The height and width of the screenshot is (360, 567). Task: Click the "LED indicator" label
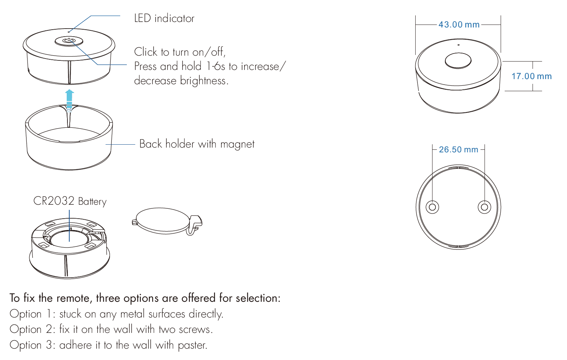pyautogui.click(x=164, y=18)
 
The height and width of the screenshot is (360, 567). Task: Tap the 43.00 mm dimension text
pyautogui.click(x=459, y=25)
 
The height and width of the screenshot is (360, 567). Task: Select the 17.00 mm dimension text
pyautogui.click(x=531, y=76)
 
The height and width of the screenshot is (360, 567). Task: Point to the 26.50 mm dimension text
pyautogui.click(x=459, y=149)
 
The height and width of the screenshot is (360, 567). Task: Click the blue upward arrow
pyautogui.click(x=69, y=100)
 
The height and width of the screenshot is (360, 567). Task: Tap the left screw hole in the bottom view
pyautogui.click(x=432, y=207)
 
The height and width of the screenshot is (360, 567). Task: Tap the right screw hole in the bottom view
pyautogui.click(x=484, y=207)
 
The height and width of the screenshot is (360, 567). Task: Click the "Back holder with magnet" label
pyautogui.click(x=197, y=144)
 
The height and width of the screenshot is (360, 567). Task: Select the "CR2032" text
pyautogui.click(x=54, y=201)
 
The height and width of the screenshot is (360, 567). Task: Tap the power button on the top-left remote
pyautogui.click(x=69, y=41)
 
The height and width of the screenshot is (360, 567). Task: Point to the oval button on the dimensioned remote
pyautogui.click(x=458, y=61)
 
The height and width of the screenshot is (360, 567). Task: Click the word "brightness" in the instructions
pyautogui.click(x=204, y=81)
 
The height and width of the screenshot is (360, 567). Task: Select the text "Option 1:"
pyautogui.click(x=32, y=314)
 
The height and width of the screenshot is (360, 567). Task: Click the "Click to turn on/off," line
pyautogui.click(x=180, y=52)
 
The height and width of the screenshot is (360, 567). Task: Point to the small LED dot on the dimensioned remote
pyautogui.click(x=459, y=45)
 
